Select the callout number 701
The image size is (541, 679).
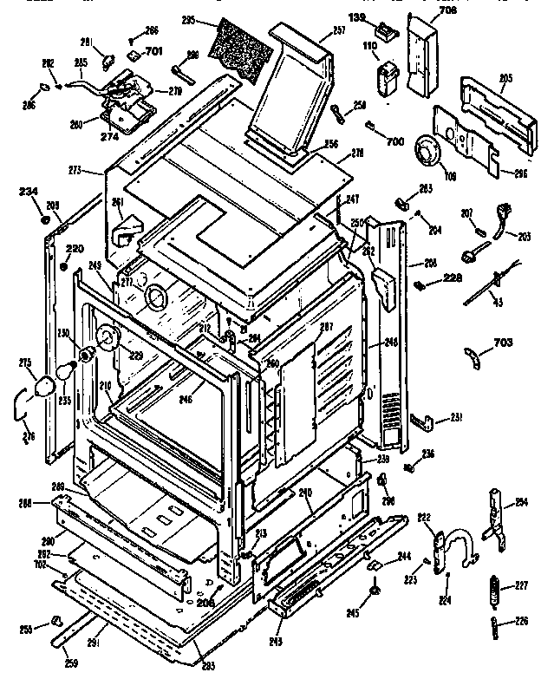tap(154, 52)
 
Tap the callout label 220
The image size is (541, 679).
tap(75, 250)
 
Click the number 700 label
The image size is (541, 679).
tap(395, 140)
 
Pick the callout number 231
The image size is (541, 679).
tap(454, 418)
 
